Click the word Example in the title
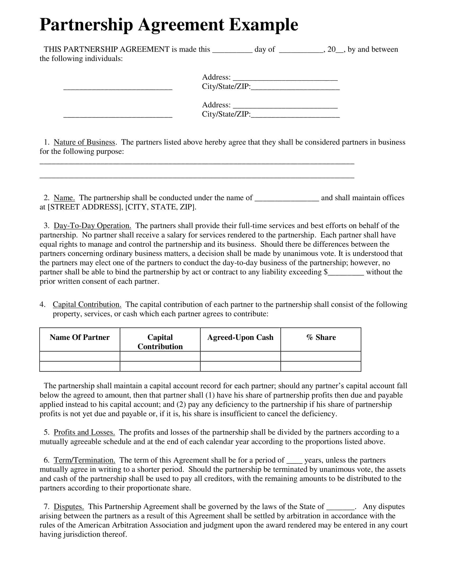[263, 25]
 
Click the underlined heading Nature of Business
[84, 142]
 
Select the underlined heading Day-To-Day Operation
[92, 226]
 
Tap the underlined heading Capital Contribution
[87, 304]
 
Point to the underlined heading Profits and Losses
[84, 432]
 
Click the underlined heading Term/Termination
[84, 460]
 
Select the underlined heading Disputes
[69, 507]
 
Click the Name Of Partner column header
[79, 337]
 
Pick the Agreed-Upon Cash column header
[240, 337]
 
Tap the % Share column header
[321, 337]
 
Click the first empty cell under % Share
[321, 356]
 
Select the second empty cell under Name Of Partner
[79, 366]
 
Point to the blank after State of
[340, 507]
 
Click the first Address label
[216, 77]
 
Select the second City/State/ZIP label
[226, 114]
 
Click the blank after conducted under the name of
[287, 198]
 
